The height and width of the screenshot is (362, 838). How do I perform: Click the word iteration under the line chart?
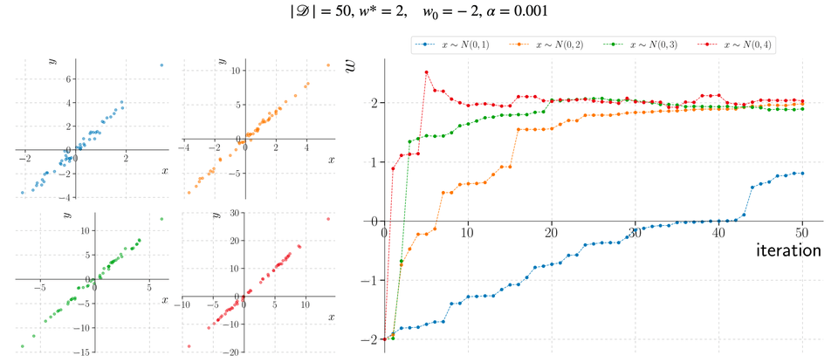[788, 250]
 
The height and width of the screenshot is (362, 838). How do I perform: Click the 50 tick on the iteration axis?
[801, 233]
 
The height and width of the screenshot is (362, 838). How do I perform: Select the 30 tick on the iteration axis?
[635, 233]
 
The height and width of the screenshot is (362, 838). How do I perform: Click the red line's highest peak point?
[426, 72]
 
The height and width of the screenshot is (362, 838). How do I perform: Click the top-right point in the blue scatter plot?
[161, 65]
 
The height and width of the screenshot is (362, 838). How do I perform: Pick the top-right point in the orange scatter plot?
[327, 65]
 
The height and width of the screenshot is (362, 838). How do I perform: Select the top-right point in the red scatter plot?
[327, 219]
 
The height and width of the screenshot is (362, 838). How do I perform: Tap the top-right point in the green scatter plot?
[161, 219]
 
